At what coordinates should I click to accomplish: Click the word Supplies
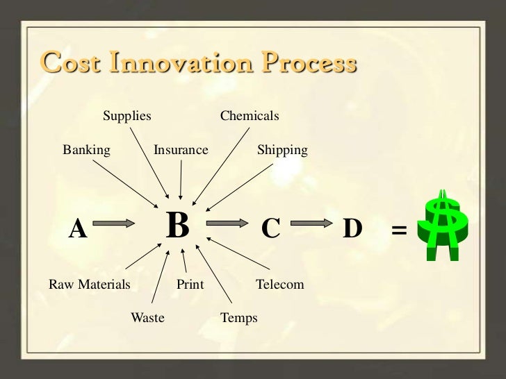127,116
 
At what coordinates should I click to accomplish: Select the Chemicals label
250,116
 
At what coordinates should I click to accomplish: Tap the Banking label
86,150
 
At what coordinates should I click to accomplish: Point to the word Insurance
181,150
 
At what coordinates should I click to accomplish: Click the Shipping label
282,150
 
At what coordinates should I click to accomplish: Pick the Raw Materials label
89,285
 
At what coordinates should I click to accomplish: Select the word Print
190,285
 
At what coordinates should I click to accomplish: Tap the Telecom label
280,285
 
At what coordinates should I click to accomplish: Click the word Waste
147,318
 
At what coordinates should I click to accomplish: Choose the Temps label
238,318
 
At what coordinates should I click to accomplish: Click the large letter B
178,226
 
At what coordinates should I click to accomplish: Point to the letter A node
78,228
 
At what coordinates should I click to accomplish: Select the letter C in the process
270,228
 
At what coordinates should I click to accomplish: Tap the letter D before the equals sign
352,228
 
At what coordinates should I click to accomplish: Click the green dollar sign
443,224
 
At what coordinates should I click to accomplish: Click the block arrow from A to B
113,224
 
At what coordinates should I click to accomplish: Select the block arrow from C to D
311,224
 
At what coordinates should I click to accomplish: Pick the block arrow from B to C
227,224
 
